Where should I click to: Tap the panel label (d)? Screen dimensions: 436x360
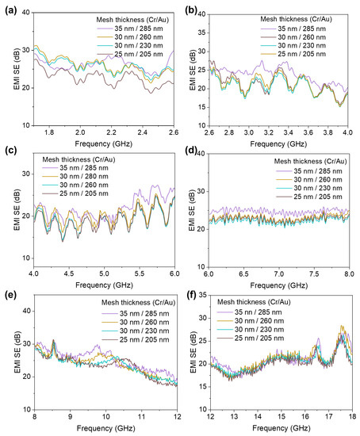point(190,155)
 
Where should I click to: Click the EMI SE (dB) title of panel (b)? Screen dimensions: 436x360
point(190,66)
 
